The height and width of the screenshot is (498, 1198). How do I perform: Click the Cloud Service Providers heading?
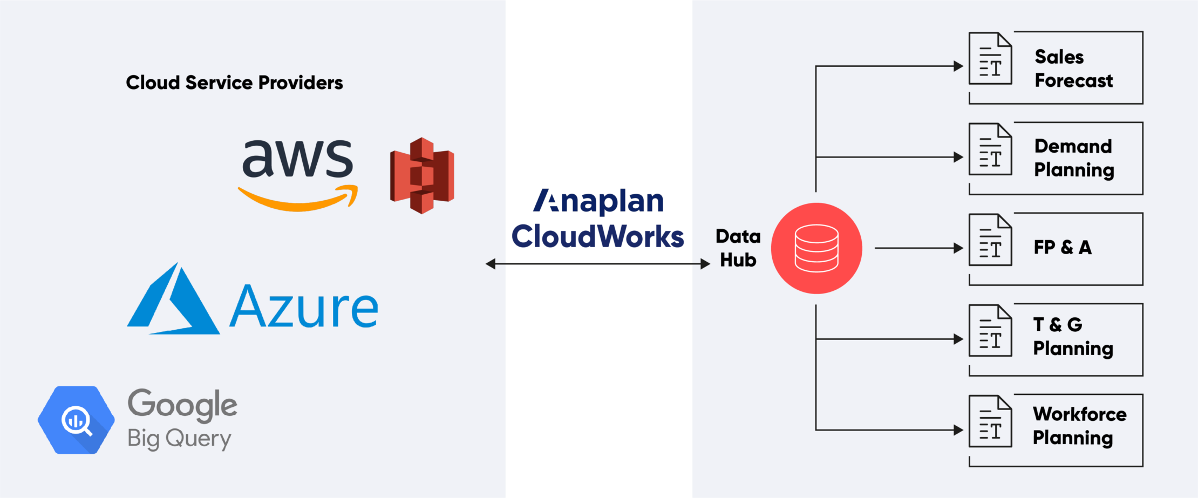tap(234, 83)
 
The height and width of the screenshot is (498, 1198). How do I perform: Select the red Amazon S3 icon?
tap(422, 175)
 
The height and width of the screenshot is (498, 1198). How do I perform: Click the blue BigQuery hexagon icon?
tap(76, 420)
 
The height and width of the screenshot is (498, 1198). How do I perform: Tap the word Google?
tap(182, 405)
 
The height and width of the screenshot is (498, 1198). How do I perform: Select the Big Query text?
tap(179, 438)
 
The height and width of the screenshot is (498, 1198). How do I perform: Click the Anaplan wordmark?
tap(598, 202)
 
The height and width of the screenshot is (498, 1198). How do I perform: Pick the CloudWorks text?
tap(598, 236)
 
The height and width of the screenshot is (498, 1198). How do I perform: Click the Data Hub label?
tap(738, 248)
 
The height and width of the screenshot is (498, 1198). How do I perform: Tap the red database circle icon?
tap(816, 248)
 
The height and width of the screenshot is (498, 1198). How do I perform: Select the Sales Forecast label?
tap(1073, 69)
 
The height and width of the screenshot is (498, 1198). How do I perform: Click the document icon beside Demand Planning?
tap(990, 149)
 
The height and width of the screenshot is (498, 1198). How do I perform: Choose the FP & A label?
tap(1063, 248)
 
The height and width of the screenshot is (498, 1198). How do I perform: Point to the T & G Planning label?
tap(1073, 337)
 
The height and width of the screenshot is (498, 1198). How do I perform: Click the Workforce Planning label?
tap(1079, 426)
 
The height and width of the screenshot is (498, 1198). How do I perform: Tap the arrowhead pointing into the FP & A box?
tap(958, 248)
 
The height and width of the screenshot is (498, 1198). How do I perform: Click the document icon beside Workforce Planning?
tap(990, 421)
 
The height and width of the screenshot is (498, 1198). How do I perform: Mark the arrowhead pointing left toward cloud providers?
tap(491, 264)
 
